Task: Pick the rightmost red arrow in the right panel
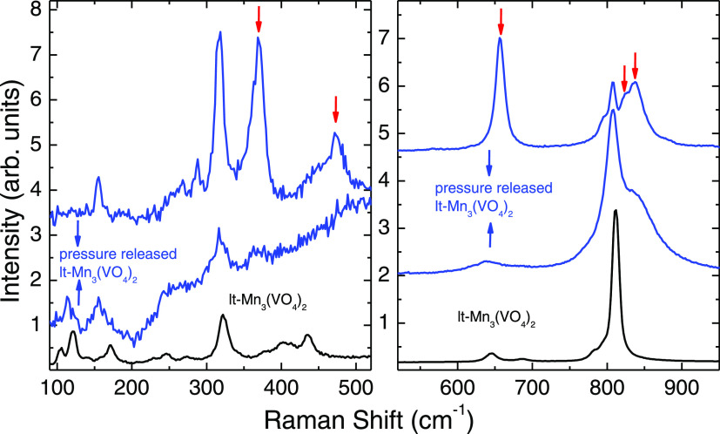point(636,64)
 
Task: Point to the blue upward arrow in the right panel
point(489,234)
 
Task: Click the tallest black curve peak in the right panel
point(616,211)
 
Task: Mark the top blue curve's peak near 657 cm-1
point(500,38)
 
